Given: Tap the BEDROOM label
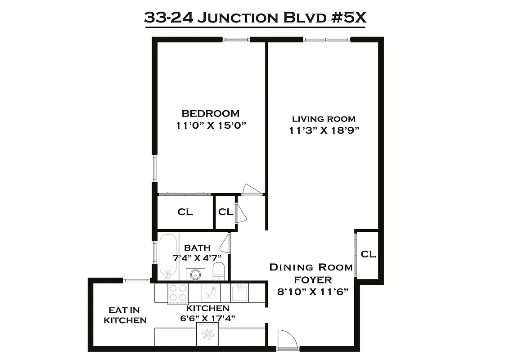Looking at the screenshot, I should pyautogui.click(x=210, y=113).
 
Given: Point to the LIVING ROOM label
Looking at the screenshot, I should pyautogui.click(x=324, y=119).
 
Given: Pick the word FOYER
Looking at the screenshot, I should pyautogui.click(x=311, y=280).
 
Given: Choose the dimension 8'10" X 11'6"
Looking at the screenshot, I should pyautogui.click(x=311, y=292).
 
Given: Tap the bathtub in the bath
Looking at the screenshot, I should pyautogui.click(x=168, y=255).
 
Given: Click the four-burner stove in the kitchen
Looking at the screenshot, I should pyautogui.click(x=178, y=293).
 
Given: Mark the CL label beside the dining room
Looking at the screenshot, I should pyautogui.click(x=368, y=254).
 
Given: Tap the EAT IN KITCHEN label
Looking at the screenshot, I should pyautogui.click(x=125, y=315).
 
